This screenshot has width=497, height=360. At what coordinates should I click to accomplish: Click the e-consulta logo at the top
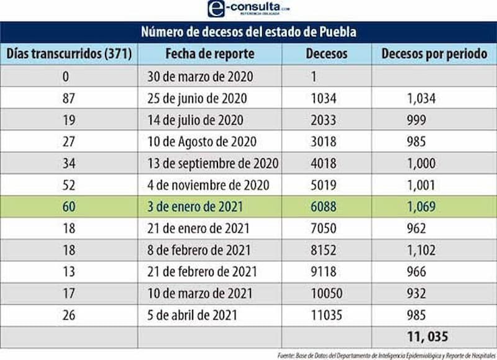click(248, 9)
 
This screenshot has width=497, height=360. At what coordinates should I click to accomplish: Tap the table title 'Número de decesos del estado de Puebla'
click(248, 32)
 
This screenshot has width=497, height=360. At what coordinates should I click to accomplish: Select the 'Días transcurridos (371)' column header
click(69, 53)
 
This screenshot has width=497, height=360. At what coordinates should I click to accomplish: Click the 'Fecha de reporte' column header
click(209, 53)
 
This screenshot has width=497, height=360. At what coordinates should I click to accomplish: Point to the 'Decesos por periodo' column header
click(434, 53)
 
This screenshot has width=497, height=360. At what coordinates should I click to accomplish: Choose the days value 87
click(69, 98)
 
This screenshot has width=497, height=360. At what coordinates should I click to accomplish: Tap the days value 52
click(69, 185)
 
